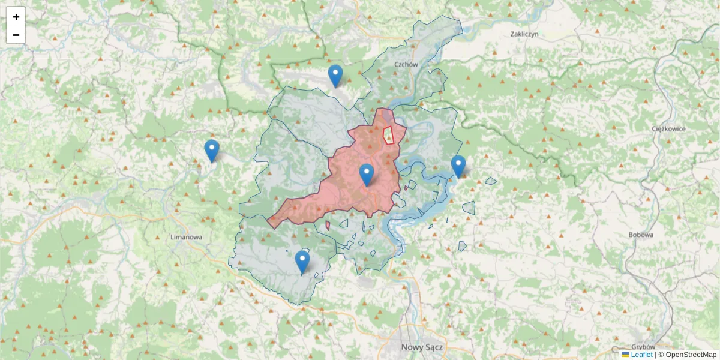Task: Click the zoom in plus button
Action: (x=16, y=17)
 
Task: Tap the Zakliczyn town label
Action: (x=524, y=34)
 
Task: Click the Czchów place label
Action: (x=406, y=64)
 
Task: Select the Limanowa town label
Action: (x=186, y=237)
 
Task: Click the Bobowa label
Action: (x=641, y=235)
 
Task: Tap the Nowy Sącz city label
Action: (x=421, y=347)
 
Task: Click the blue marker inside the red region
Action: (x=367, y=174)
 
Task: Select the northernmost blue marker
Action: (x=335, y=75)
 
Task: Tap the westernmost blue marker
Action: (x=211, y=150)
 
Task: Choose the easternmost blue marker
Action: (x=458, y=166)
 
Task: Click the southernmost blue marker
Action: (x=302, y=262)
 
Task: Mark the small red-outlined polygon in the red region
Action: (x=388, y=136)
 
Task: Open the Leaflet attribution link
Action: (x=641, y=355)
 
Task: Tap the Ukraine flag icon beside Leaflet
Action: (x=626, y=355)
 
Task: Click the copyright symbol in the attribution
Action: (x=661, y=355)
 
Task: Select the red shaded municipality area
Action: (x=348, y=192)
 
